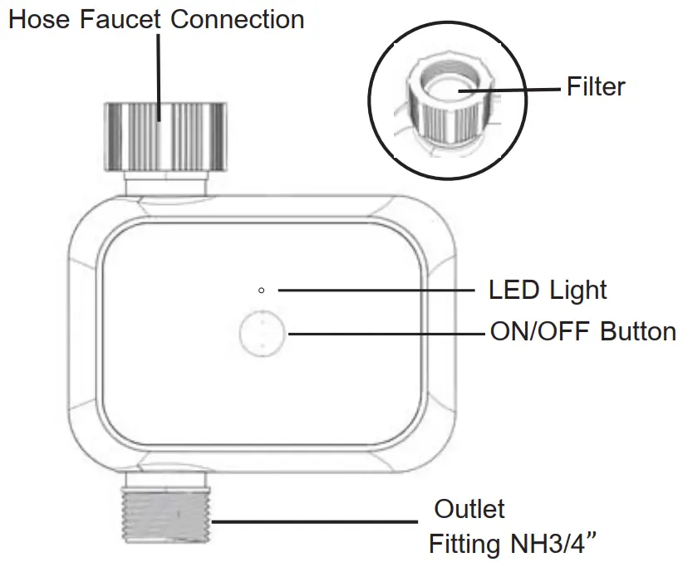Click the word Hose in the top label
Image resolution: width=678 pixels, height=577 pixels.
point(41,19)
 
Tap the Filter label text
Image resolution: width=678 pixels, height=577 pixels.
point(596,86)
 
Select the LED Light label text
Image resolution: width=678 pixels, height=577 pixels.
point(548,290)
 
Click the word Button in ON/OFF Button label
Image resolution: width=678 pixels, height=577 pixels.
point(638,331)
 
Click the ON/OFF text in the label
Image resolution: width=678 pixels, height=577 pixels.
point(541,331)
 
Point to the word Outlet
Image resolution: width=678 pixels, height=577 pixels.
point(469,508)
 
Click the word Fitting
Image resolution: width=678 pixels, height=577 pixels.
point(461,545)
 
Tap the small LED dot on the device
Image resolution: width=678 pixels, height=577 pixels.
point(262,290)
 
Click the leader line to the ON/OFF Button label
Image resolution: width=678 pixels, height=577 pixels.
point(382,332)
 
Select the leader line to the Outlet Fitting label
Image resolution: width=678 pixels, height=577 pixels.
point(316,522)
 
